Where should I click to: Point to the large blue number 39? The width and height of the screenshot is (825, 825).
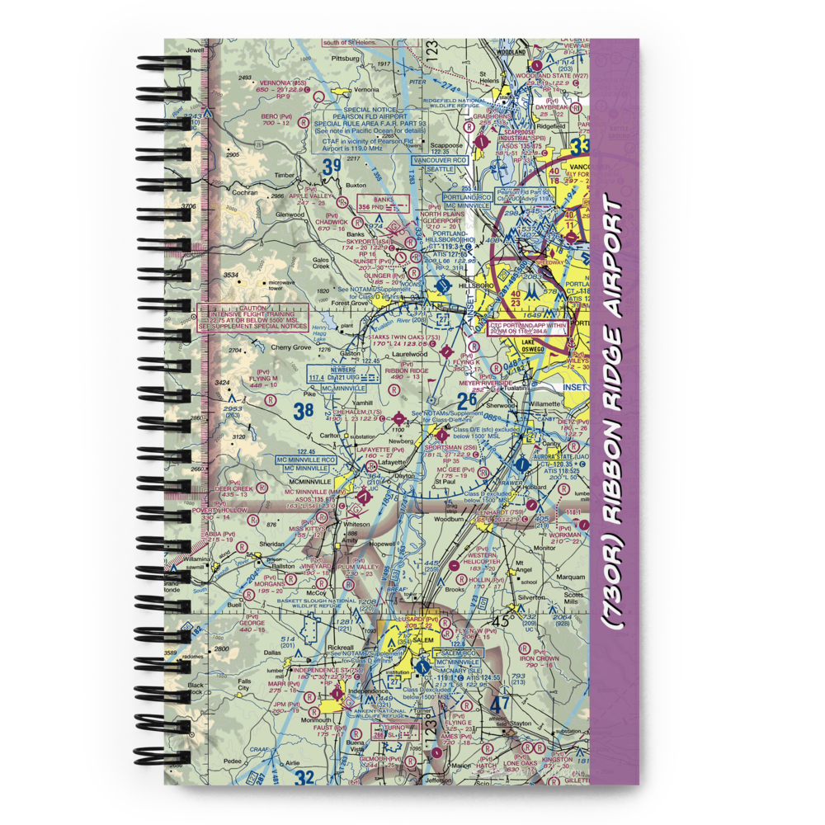coord(332,168)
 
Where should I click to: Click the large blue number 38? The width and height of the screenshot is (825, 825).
coord(304,408)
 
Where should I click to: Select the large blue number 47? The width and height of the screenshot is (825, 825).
coord(498,705)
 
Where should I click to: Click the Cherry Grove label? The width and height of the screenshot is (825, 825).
coord(290,348)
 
